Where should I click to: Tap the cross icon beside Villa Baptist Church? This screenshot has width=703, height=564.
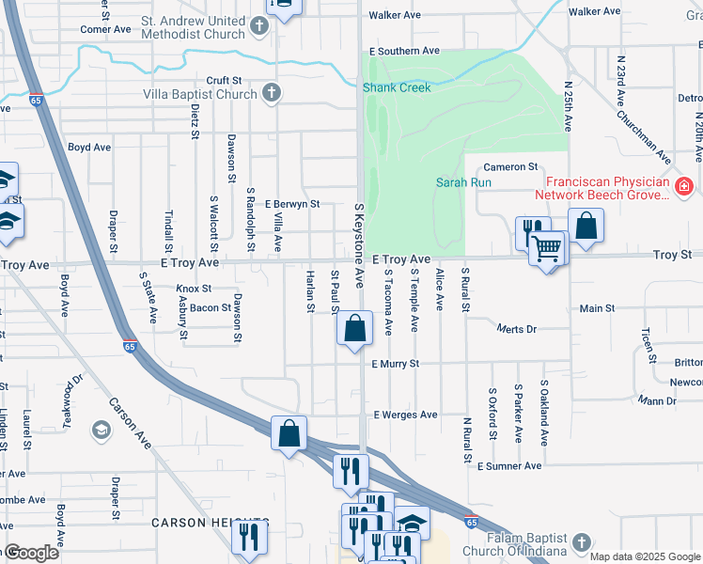(271, 93)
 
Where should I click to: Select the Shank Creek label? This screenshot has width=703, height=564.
(398, 87)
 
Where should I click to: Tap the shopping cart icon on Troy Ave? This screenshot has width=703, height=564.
(545, 249)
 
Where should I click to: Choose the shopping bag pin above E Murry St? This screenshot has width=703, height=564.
(354, 329)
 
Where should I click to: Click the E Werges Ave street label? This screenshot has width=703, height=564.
(405, 415)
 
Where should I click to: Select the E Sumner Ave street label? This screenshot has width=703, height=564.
(508, 466)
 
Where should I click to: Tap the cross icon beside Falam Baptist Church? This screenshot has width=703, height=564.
(582, 542)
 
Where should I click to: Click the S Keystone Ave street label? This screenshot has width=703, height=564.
(358, 245)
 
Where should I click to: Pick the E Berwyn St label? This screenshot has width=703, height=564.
(292, 203)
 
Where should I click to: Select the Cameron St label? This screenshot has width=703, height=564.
(510, 166)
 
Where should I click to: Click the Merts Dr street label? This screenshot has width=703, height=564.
(516, 329)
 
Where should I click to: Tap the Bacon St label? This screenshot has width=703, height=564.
(211, 307)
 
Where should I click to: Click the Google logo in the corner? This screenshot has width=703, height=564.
(29, 554)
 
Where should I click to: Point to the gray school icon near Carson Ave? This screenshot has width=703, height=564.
(100, 431)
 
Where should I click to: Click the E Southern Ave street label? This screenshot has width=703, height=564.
(404, 51)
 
